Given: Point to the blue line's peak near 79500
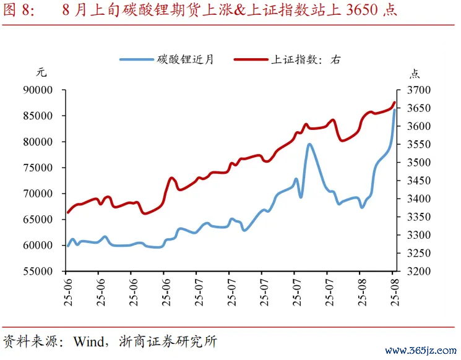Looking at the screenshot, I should pyautogui.click(x=309, y=145).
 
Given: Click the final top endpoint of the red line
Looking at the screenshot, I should pyautogui.click(x=394, y=103).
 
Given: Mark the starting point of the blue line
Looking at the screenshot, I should pyautogui.click(x=67, y=246).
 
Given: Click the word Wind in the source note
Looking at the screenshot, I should pyautogui.click(x=88, y=341).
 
